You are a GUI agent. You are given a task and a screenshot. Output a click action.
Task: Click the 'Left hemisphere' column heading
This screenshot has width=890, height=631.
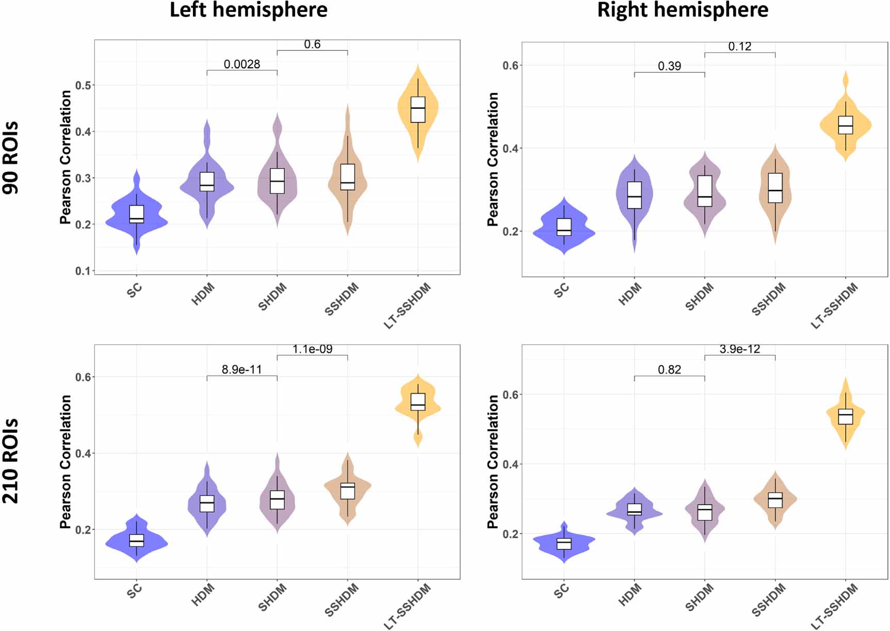pyautogui.click(x=248, y=10)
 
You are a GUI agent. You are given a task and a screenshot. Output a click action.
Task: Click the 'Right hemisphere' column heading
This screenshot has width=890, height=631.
pyautogui.click(x=683, y=10)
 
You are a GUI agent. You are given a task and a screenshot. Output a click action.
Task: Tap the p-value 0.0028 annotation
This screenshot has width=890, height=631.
pyautogui.click(x=241, y=64)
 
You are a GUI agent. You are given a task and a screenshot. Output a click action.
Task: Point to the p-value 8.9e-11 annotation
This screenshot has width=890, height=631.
pyautogui.click(x=241, y=369)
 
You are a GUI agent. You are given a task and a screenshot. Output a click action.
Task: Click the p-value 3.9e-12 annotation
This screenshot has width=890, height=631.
pyautogui.click(x=739, y=349)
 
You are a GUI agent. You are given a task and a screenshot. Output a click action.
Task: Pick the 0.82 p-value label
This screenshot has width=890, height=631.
pyautogui.click(x=669, y=369)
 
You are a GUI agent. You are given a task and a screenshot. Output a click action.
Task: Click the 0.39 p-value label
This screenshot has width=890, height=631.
pyautogui.click(x=669, y=66)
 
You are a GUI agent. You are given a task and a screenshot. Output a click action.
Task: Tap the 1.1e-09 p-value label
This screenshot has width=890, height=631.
pyautogui.click(x=312, y=349)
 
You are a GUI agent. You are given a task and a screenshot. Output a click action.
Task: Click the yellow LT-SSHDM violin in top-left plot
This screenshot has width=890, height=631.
pyautogui.click(x=418, y=111)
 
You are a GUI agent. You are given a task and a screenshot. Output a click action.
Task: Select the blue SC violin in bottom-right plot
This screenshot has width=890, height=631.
pyautogui.click(x=564, y=543)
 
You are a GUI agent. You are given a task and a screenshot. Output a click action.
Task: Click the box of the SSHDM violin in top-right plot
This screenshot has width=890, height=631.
pyautogui.click(x=775, y=188)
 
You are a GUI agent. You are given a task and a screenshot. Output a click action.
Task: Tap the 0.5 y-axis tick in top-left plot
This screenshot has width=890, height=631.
pyautogui.click(x=83, y=85)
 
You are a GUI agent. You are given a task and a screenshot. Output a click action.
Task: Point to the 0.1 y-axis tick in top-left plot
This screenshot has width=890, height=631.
pyautogui.click(x=83, y=271)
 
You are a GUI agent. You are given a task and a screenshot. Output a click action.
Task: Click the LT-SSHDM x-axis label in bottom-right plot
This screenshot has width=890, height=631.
pyautogui.click(x=835, y=607)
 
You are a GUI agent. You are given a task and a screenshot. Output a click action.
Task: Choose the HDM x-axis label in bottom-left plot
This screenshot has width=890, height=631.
pyautogui.click(x=202, y=594)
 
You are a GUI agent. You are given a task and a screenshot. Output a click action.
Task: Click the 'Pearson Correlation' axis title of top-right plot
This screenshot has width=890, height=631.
pyautogui.click(x=493, y=159)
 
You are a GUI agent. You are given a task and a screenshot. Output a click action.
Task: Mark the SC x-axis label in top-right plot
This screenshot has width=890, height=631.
pyautogui.click(x=561, y=290)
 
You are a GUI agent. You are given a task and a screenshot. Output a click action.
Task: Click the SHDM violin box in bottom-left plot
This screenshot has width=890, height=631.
pyautogui.click(x=277, y=499)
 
